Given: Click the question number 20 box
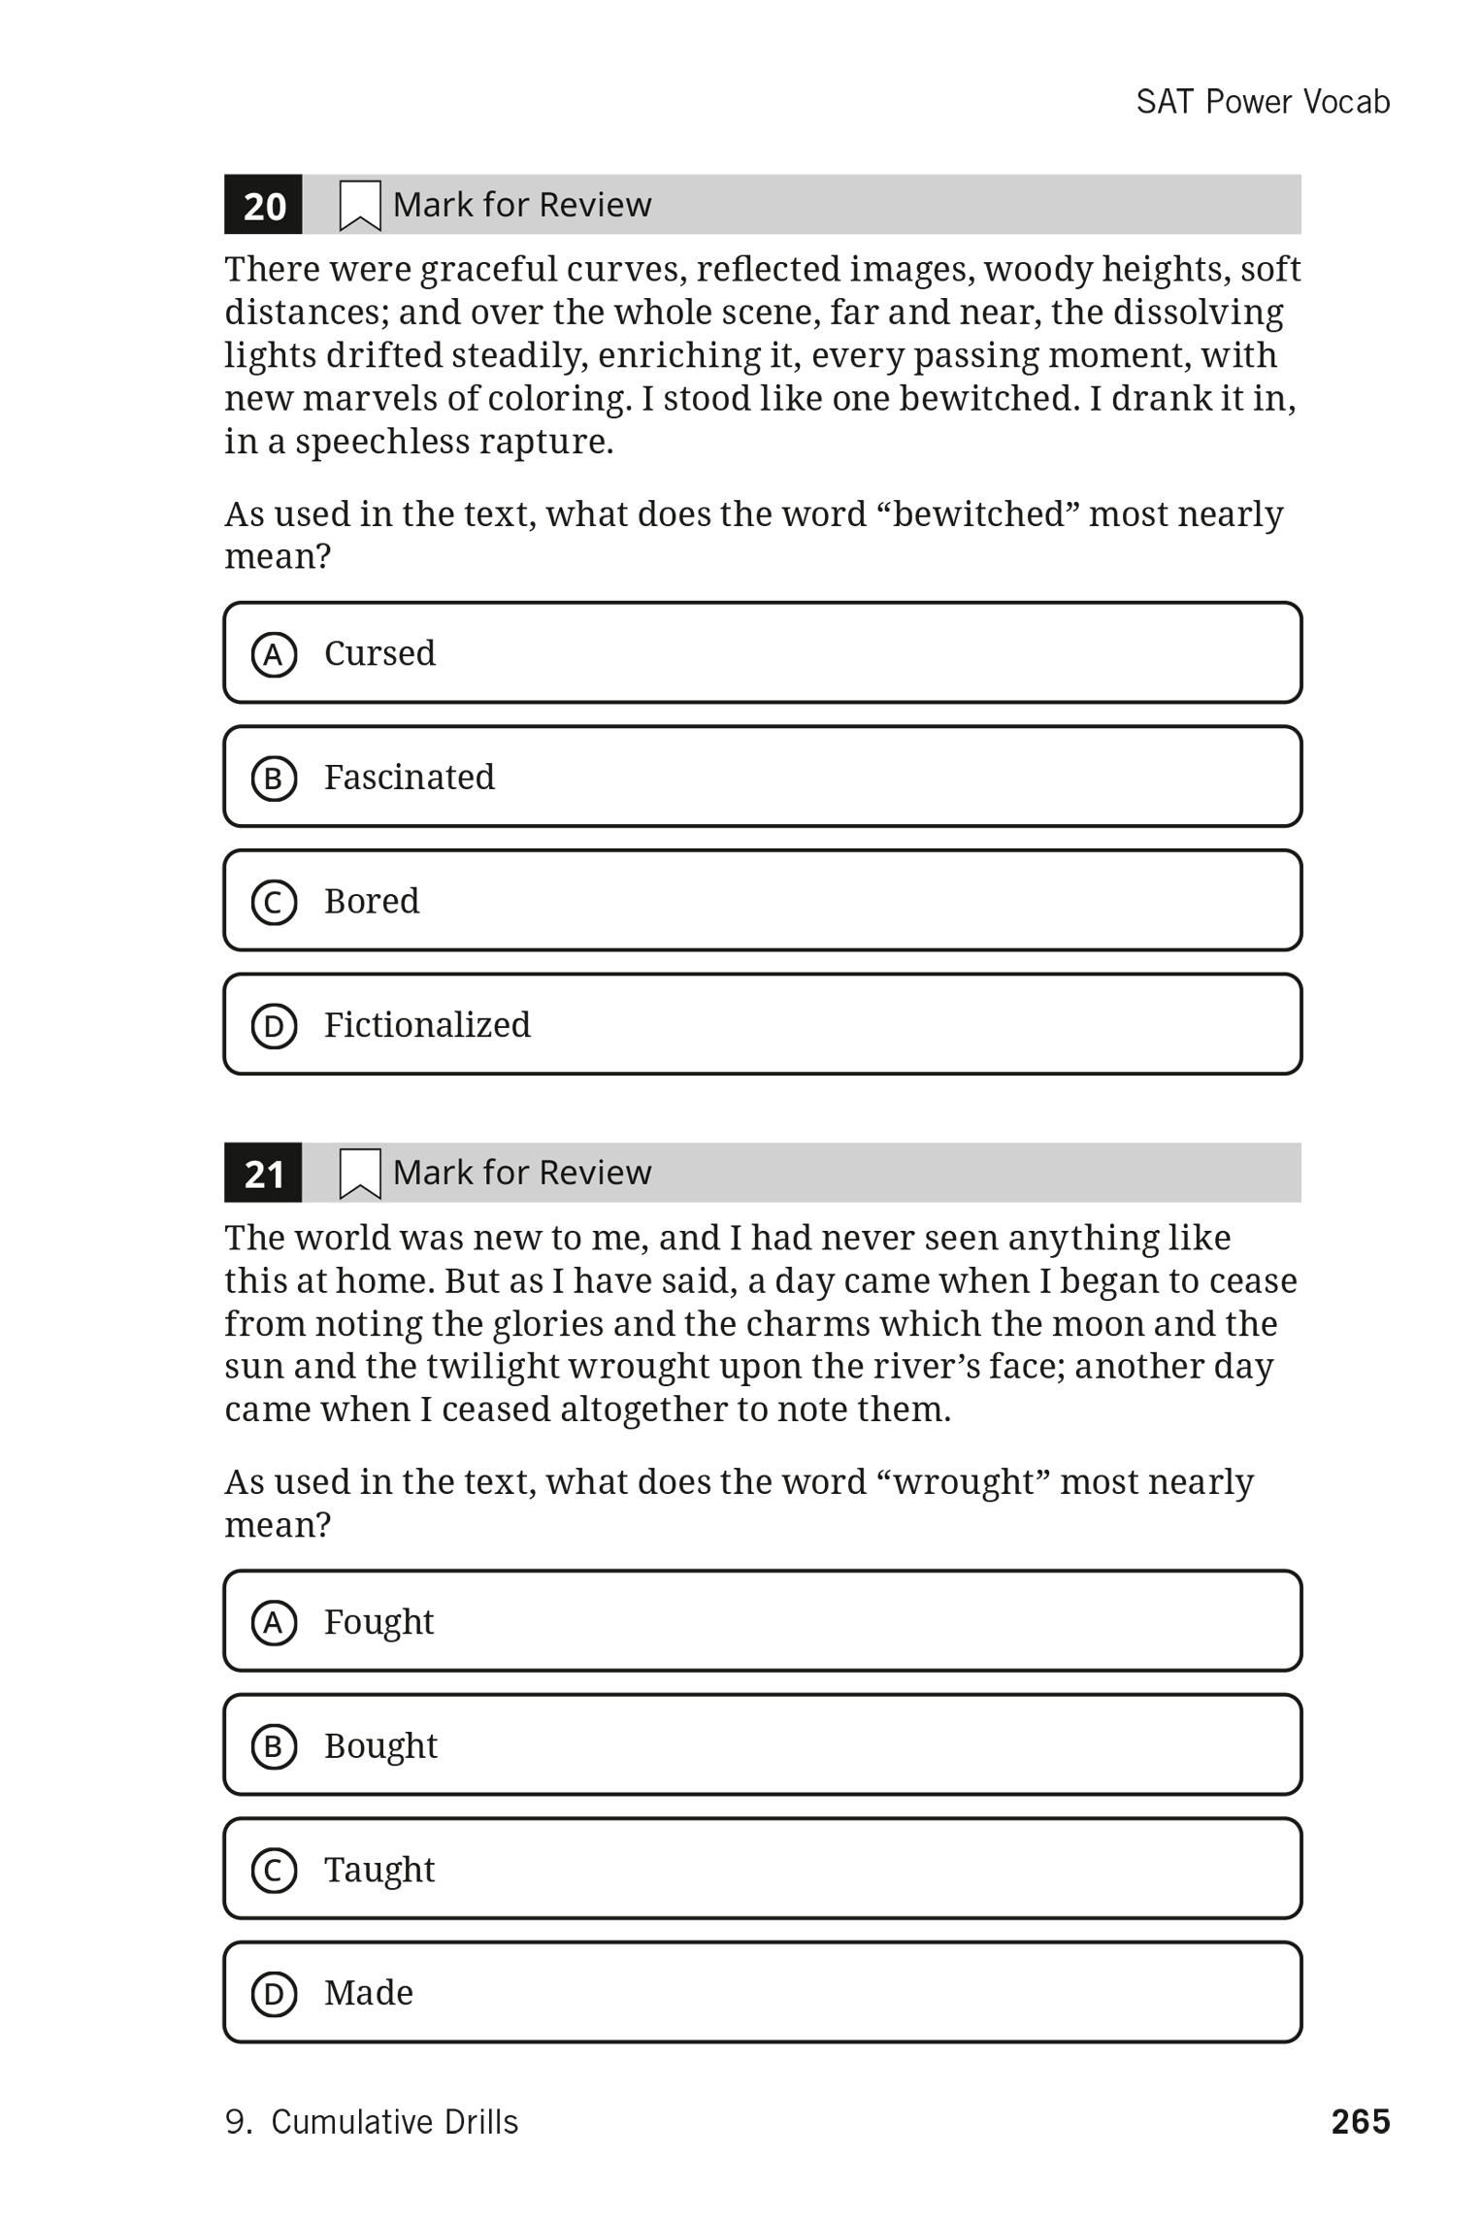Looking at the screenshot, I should (263, 205).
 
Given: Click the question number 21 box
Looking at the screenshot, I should (263, 1173).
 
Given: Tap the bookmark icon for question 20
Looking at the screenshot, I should (359, 206).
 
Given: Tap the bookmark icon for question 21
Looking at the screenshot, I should (359, 1174).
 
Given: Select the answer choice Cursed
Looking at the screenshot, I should (762, 652).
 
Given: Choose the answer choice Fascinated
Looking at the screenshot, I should (762, 777).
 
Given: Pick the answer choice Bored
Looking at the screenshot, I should (762, 901).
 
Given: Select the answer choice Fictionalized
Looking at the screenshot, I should (762, 1024).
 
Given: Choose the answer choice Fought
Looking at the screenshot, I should (762, 1621).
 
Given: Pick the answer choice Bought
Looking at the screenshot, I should (762, 1745).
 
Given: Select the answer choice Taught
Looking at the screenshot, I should (762, 1869).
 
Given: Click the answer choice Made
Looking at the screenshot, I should (762, 1992).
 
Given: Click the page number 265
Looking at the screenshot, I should (1360, 2121).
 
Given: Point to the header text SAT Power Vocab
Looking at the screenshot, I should (1263, 102).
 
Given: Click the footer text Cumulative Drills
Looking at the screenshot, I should (394, 2122).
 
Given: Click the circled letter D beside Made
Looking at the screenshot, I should (274, 1994).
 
